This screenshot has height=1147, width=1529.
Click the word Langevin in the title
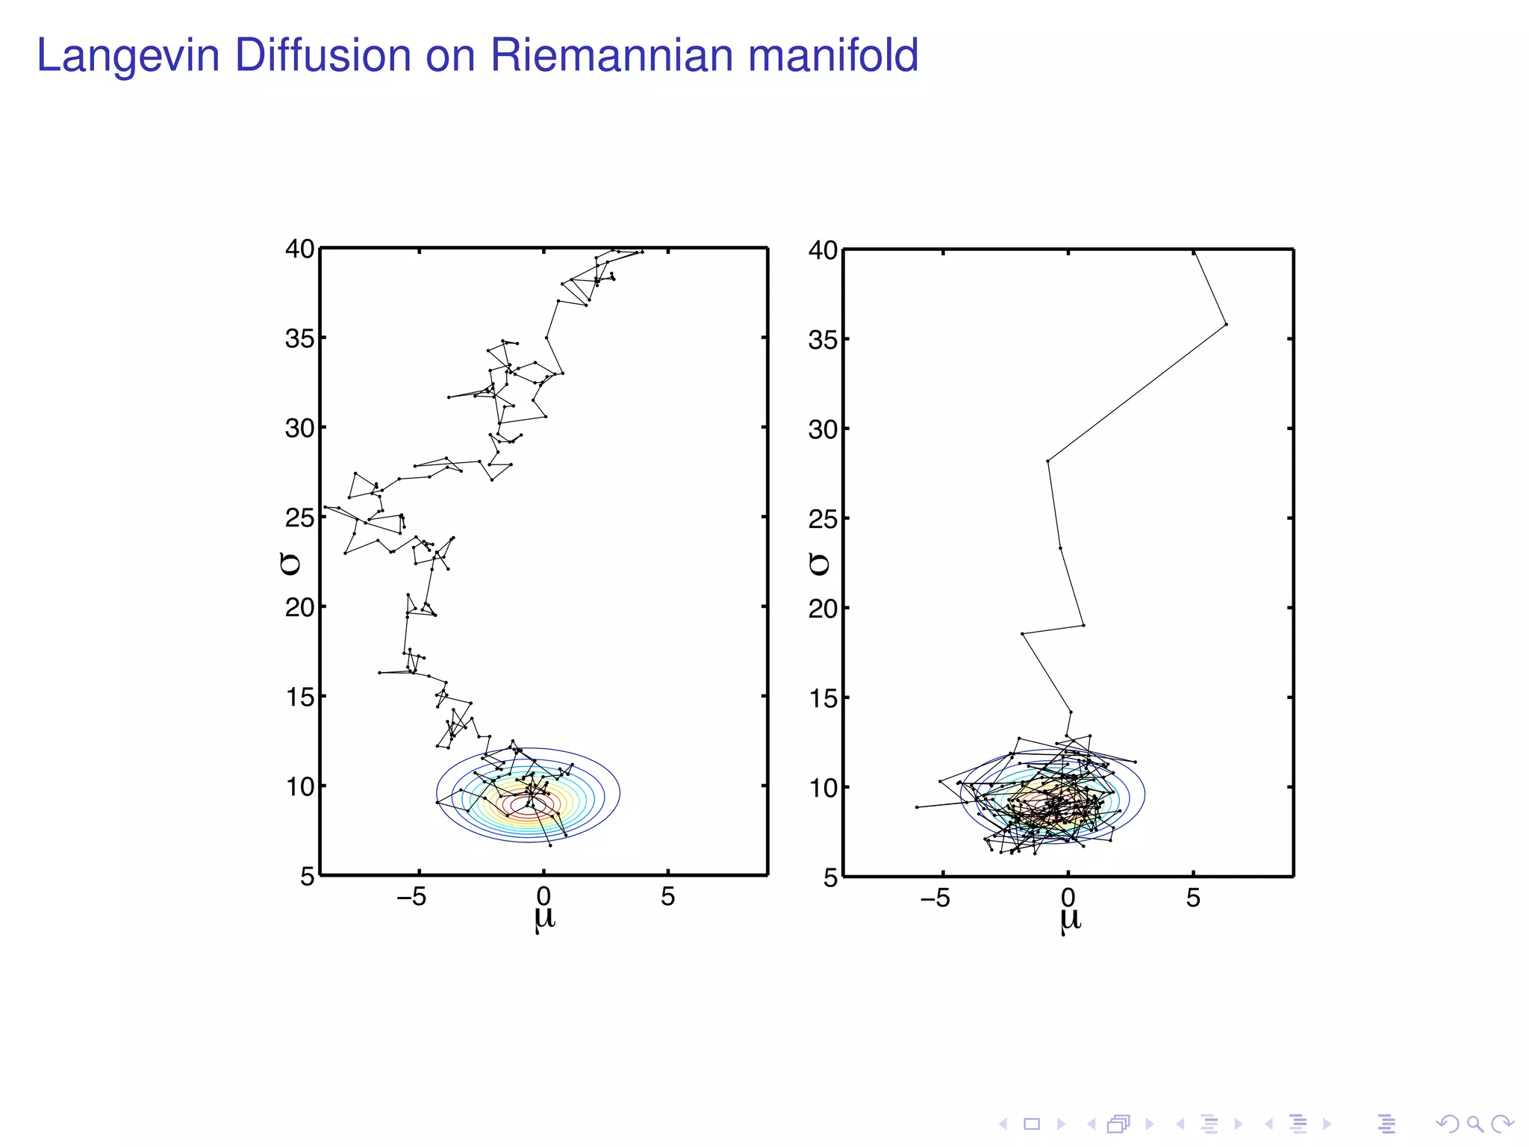(128, 56)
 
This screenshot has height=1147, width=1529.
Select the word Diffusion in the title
(323, 56)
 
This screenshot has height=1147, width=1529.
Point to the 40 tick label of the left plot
(299, 249)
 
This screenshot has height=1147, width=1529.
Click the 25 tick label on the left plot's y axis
(299, 517)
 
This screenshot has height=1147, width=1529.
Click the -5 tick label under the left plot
(411, 897)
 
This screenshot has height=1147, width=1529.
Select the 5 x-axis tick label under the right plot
(1193, 898)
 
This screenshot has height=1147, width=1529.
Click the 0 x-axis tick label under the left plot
(544, 897)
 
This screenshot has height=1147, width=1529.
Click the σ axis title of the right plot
(819, 565)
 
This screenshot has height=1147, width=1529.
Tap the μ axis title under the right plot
(1069, 920)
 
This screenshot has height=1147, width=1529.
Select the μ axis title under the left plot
(544, 918)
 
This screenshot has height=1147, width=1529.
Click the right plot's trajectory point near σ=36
(1226, 324)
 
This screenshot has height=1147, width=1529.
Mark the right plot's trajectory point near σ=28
(1047, 461)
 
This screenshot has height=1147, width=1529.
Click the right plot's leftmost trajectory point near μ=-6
(917, 807)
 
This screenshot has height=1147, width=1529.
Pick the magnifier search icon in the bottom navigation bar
(1474, 1124)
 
